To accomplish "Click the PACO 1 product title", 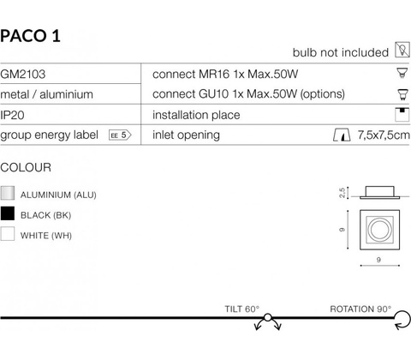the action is pos(30,36).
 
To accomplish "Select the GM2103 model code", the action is pos(23,75).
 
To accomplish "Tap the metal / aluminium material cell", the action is pos(47,94).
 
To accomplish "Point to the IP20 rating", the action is pos(12,115).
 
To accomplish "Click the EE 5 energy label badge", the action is pos(120,135).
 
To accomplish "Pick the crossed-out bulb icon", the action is pos(402,50).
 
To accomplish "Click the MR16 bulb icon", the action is pos(402,73).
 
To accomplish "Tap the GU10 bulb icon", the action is pos(402,94).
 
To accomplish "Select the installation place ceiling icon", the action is pos(402,115).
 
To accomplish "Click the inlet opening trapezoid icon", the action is pos(342,135).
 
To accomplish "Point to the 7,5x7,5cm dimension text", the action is pos(384,135).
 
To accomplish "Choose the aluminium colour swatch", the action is pos(8,193).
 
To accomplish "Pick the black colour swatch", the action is pos(8,213).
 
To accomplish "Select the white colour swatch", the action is pos(8,234).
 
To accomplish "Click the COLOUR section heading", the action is pos(26,167).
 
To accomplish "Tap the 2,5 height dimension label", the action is pos(342,193).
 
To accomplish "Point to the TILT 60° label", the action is pos(242,309).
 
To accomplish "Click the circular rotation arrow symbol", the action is pos(402,320).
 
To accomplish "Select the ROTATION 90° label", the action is pos(360,309).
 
